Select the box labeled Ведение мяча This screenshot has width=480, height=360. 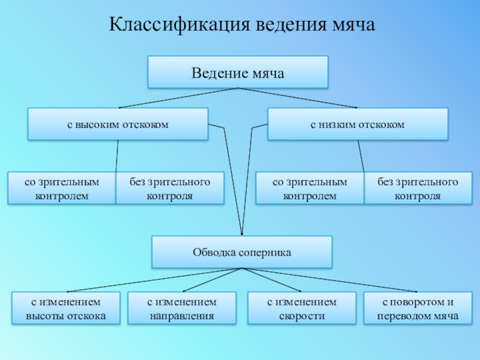coord(238,73)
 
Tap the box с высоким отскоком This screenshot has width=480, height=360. coord(118,124)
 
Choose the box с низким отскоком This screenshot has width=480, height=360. coord(358,124)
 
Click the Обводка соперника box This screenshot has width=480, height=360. coord(242,252)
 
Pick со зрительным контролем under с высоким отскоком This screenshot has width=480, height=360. coord(61,188)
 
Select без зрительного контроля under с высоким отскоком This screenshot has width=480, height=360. coord(170,188)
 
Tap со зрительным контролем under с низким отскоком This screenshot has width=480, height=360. coord(310,188)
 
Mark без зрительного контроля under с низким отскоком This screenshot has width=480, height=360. coord(418,188)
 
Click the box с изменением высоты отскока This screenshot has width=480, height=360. coord(66,308)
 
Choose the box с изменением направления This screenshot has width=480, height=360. coord(182,308)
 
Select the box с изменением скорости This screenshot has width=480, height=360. coord(302,308)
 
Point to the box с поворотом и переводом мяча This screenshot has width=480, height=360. coord(418,308)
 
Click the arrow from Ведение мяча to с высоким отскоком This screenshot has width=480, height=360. coord(178,98)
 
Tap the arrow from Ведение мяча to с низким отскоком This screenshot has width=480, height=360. coord(298,98)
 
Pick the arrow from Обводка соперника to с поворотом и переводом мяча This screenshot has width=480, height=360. coord(330,281)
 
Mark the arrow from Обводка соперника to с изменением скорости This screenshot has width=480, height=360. coord(272,281)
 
